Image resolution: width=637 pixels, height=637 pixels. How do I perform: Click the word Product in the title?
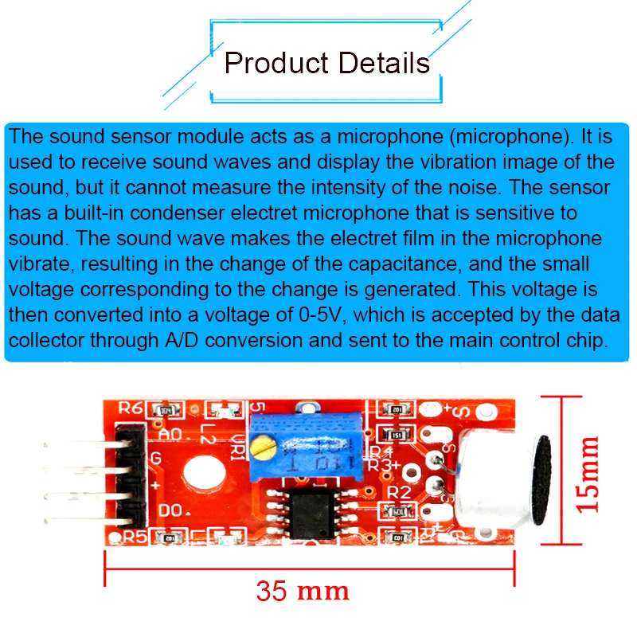(x=275, y=61)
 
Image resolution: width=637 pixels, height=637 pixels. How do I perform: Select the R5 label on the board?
(x=132, y=537)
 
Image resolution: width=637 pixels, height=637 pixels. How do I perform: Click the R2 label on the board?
(x=399, y=492)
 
